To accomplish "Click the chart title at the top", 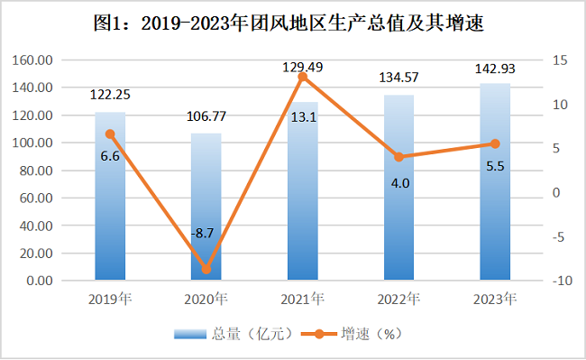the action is [x=288, y=23].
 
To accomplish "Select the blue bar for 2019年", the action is [x=110, y=196].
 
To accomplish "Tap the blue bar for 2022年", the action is [x=399, y=188].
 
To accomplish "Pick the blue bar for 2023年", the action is [x=495, y=181].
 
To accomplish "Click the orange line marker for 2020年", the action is [x=206, y=269].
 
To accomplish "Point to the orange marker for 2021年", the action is [x=303, y=77].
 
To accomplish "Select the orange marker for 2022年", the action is [x=399, y=157].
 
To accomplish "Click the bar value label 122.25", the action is [x=110, y=95].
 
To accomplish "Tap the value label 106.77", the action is [x=206, y=116].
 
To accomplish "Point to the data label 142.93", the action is [x=495, y=69].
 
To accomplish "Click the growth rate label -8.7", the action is [x=203, y=234].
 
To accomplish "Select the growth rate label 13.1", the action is [x=304, y=117].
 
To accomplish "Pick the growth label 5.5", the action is [x=495, y=166].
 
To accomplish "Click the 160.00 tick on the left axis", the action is [x=32, y=60].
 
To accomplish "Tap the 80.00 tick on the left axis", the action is [x=36, y=171].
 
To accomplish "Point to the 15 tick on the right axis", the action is [x=560, y=60].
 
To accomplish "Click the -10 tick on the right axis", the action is [x=562, y=281].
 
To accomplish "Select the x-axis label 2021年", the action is [x=303, y=299].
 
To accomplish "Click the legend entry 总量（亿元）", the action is [x=233, y=334].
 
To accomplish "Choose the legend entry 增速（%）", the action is [x=352, y=334].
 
